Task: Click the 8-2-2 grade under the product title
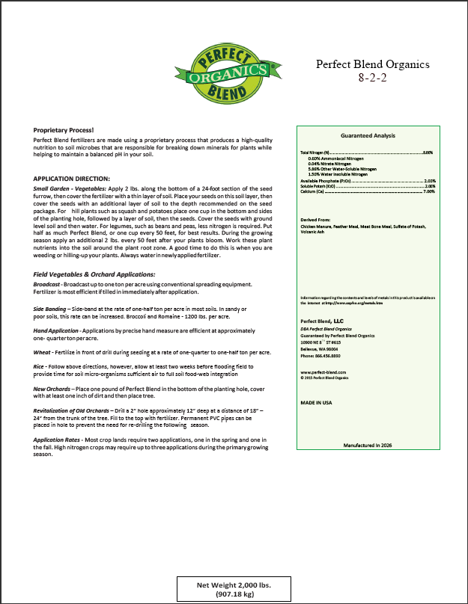(x=372, y=76)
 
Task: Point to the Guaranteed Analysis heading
(x=367, y=136)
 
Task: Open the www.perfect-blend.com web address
(x=323, y=371)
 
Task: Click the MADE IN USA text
(x=316, y=402)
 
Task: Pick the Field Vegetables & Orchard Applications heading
(x=94, y=275)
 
